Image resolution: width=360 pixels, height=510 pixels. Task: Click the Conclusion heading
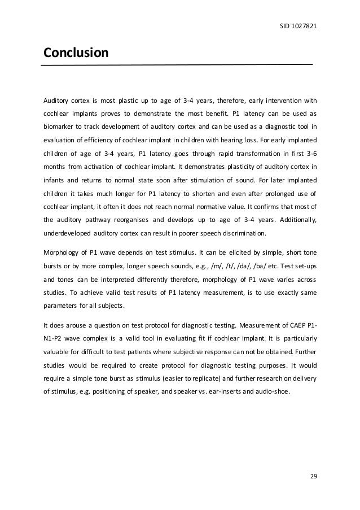76,54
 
